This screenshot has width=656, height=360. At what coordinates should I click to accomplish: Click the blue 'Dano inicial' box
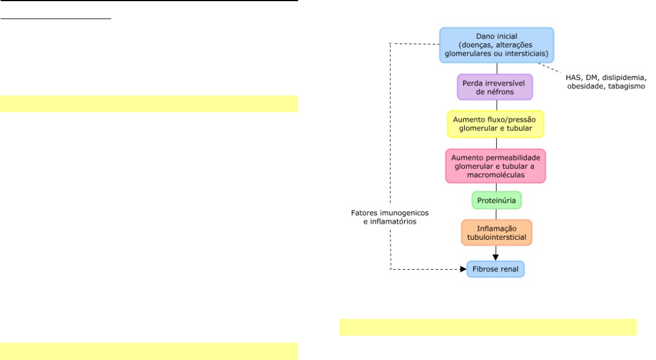(x=497, y=45)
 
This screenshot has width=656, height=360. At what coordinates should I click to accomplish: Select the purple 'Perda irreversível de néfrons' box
(x=494, y=87)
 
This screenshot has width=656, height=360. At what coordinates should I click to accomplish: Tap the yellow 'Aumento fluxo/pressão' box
(x=496, y=124)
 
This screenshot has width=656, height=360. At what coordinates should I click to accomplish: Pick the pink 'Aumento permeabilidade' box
(x=496, y=166)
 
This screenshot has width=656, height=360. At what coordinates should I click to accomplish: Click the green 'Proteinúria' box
(x=497, y=200)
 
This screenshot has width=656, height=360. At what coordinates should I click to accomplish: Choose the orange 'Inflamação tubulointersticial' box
(x=497, y=233)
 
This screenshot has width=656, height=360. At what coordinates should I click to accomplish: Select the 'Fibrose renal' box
(x=496, y=269)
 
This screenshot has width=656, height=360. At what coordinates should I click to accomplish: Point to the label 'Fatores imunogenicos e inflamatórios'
(x=390, y=217)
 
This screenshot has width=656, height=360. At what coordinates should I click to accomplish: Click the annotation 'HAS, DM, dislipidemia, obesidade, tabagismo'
(x=606, y=82)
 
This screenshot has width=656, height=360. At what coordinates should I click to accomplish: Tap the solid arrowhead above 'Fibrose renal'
(x=496, y=257)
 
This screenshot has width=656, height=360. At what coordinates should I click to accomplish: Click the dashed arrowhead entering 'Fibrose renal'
(x=463, y=269)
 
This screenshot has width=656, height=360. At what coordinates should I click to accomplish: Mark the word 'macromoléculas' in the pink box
(x=496, y=175)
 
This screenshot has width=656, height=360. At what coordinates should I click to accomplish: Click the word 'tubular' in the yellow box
(x=519, y=128)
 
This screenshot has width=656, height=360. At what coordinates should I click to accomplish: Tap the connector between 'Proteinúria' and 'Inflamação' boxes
(x=496, y=215)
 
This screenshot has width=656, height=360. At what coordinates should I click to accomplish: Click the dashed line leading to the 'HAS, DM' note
(x=549, y=68)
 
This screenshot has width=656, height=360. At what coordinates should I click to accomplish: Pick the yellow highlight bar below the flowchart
(x=488, y=328)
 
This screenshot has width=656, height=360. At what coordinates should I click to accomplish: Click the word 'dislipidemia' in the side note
(x=623, y=78)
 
